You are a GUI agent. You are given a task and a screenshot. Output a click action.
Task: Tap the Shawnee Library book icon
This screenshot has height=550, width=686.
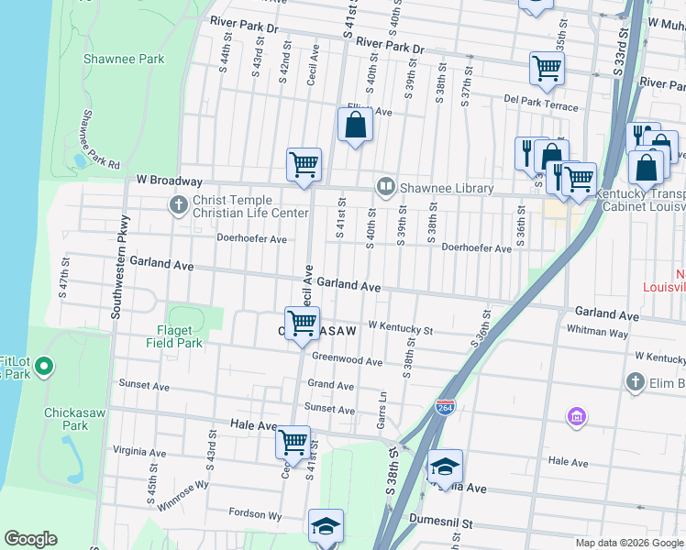(x=386, y=188)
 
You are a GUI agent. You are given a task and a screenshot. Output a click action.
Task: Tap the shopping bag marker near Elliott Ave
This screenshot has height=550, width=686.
(x=356, y=125)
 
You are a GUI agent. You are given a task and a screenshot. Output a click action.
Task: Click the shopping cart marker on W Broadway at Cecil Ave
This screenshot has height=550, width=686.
(x=304, y=165)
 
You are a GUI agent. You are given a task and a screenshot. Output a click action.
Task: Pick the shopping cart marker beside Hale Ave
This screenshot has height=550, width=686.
(x=293, y=443)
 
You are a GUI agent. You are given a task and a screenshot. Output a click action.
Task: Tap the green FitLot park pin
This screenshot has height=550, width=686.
(x=44, y=368)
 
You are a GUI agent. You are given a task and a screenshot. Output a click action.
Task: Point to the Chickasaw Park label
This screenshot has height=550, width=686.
(x=66, y=419)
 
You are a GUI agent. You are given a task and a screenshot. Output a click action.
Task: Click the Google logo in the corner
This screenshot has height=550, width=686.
(x=30, y=539)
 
